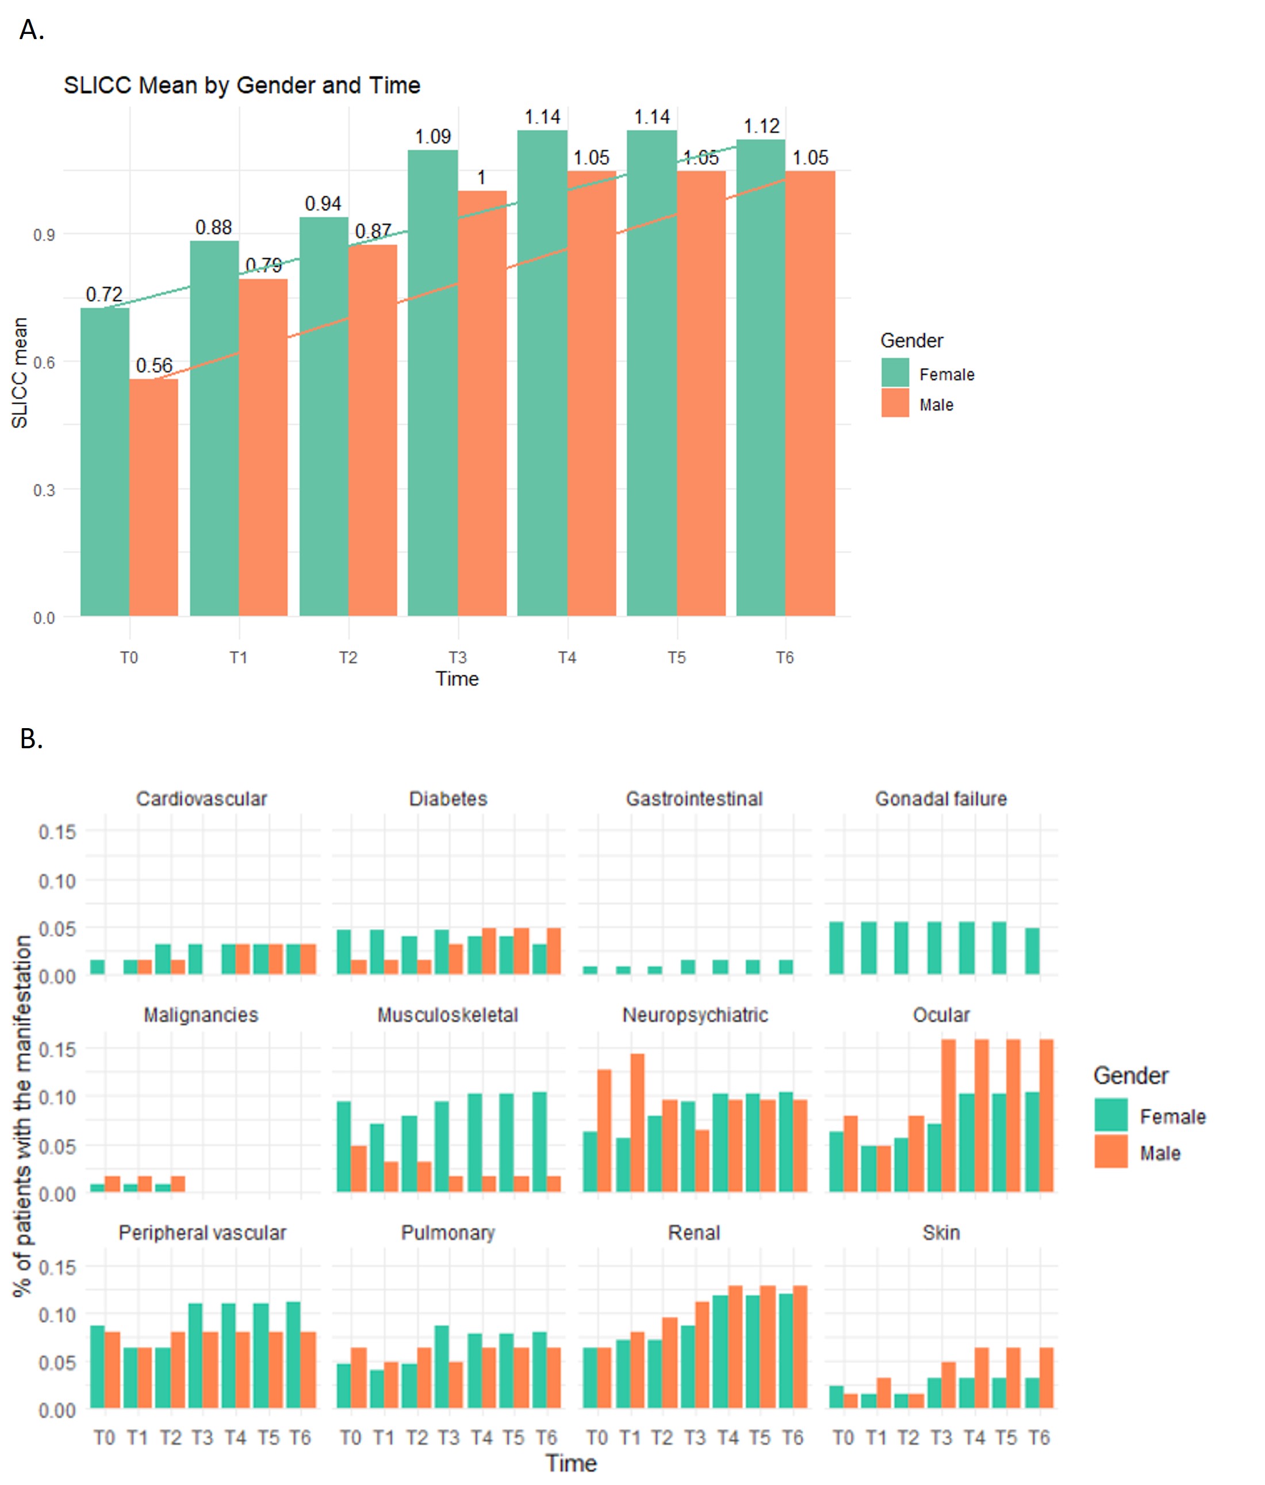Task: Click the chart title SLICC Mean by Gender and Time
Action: (241, 85)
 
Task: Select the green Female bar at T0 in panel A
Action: (105, 462)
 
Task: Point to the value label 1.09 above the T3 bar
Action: (433, 136)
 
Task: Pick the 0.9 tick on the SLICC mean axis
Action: (44, 235)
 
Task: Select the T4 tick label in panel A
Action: (567, 657)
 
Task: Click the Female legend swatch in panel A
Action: (895, 373)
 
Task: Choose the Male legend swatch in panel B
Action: (1111, 1152)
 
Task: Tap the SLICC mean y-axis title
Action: (20, 373)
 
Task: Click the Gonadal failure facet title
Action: (940, 798)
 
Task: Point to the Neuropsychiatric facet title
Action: (695, 1015)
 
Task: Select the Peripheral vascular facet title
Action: (202, 1233)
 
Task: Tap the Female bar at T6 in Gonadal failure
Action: (1032, 951)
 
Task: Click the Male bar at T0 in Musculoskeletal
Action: (358, 1169)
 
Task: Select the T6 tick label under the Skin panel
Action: (1038, 1437)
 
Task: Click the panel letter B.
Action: (31, 738)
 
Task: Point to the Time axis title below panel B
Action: (570, 1463)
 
